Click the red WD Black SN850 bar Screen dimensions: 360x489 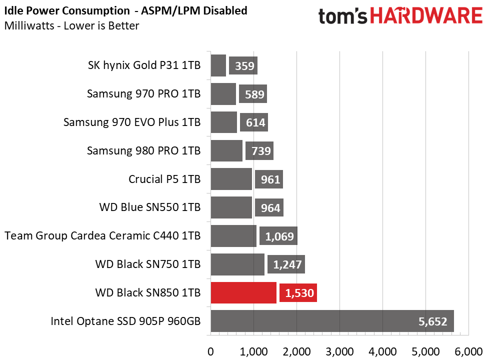click(243, 292)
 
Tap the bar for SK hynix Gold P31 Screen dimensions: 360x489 click(218, 65)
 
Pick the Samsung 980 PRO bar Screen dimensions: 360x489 click(226, 150)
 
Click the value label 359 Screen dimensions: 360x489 click(243, 65)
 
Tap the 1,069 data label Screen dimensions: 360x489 click(279, 236)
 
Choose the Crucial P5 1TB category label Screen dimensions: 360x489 click(164, 179)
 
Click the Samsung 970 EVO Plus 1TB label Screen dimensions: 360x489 click(132, 122)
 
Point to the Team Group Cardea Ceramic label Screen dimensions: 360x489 click(102, 235)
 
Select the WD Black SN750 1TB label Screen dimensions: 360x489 click(148, 264)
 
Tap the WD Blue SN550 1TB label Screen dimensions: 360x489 click(150, 207)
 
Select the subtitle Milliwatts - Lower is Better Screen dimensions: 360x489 click(71, 25)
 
